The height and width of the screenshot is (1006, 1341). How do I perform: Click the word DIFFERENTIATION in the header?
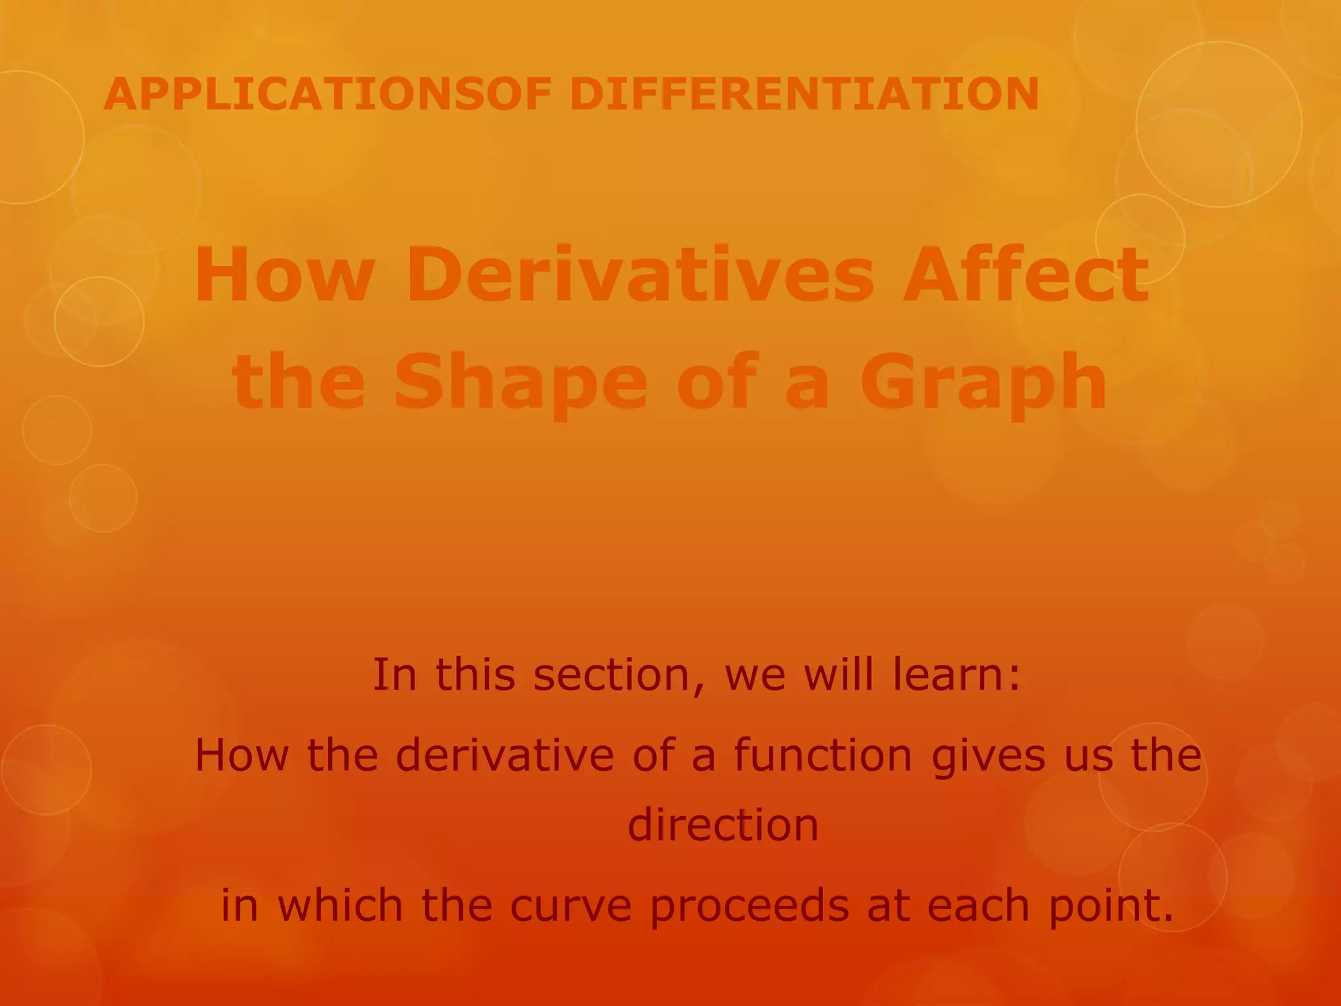[804, 94]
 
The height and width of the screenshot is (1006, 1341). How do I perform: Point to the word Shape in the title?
[521, 383]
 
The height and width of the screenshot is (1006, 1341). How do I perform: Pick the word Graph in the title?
[983, 383]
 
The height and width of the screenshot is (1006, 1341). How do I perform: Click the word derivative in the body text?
[505, 755]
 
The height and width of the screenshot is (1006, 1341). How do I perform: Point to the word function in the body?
[822, 755]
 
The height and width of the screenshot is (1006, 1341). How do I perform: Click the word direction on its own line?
[723, 825]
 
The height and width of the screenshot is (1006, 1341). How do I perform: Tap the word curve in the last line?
[570, 906]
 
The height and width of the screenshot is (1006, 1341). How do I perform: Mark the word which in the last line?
[340, 906]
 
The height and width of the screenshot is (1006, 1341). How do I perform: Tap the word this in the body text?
[475, 675]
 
